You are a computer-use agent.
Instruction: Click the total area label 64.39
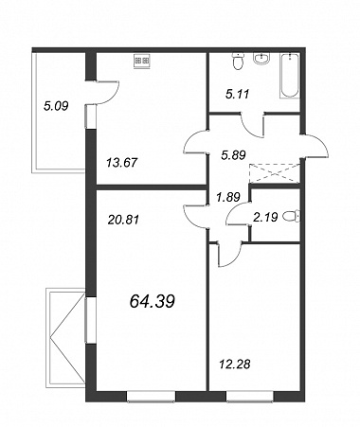pos(152,302)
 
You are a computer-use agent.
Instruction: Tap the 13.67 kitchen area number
pos(122,163)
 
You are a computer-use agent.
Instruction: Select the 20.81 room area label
pos(123,220)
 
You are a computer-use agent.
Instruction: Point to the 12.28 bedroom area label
pos(235,364)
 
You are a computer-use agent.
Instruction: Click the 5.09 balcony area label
pos(56,106)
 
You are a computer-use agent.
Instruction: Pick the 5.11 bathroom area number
pos(238,94)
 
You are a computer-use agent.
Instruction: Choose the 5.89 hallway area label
pos(233,155)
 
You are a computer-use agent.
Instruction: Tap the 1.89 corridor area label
pos(228,197)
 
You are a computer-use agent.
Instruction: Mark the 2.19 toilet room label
pos(265,217)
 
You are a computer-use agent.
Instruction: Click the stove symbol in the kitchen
pos(142,61)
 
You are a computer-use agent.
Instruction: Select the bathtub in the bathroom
pos(290,76)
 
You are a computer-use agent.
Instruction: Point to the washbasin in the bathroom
pos(261,59)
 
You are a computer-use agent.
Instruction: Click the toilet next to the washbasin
pos(238,61)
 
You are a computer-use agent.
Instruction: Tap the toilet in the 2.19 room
pos(291,217)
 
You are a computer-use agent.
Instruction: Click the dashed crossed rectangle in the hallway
pos(274,173)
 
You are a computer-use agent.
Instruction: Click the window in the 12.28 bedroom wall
pos(250,397)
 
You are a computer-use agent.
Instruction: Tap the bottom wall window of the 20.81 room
pos(152,397)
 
